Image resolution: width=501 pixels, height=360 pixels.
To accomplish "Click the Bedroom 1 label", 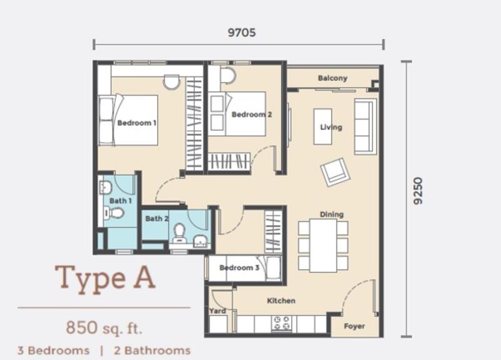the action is click(x=137, y=123).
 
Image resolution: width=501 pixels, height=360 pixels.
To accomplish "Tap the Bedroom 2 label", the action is click(x=252, y=115).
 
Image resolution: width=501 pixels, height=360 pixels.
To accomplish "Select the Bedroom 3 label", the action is click(x=239, y=268).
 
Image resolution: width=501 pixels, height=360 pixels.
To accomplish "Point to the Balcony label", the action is click(x=333, y=78).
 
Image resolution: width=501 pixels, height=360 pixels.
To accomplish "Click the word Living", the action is click(x=331, y=127).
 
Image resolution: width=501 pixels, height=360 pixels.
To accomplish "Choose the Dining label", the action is click(x=332, y=214).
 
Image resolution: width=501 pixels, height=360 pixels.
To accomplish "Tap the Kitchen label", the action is click(x=281, y=301).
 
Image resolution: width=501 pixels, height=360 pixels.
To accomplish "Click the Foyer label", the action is click(x=354, y=326).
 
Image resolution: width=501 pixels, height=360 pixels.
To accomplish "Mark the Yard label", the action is click(x=217, y=311).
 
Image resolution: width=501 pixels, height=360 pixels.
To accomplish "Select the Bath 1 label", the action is click(x=120, y=201).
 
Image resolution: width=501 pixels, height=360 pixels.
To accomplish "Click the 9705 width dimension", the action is click(x=242, y=33).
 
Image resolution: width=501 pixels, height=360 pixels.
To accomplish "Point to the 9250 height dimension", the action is click(x=418, y=191).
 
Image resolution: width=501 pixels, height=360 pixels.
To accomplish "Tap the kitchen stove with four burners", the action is click(x=281, y=323).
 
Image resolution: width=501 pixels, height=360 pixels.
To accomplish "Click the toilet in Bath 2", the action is click(x=179, y=233).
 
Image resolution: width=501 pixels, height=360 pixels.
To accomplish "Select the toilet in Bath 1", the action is click(x=114, y=213).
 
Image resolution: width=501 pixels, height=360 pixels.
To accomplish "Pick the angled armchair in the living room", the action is click(x=335, y=172).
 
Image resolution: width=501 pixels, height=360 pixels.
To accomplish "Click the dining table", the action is click(x=323, y=245).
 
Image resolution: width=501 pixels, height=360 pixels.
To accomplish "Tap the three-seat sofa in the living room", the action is click(x=365, y=126).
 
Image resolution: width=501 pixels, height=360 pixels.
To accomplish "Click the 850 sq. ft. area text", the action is click(x=104, y=327).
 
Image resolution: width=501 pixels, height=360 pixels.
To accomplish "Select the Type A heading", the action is click(x=105, y=279).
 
